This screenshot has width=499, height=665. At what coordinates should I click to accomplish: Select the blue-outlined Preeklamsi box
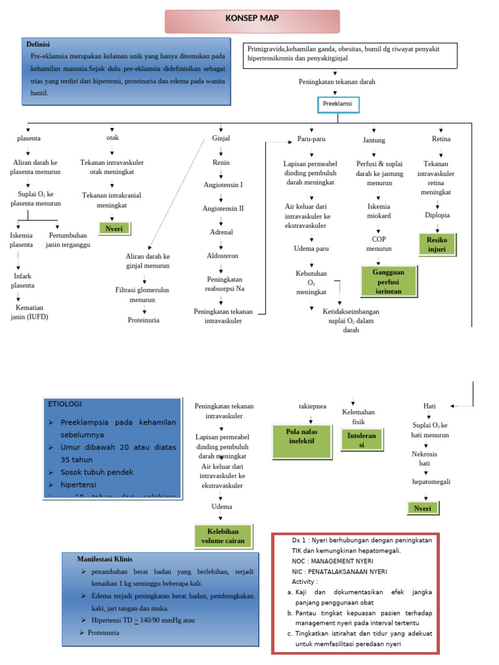[338, 104]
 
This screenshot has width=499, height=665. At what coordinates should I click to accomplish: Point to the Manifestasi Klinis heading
[105, 558]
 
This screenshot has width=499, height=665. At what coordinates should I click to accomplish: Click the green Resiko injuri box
[437, 244]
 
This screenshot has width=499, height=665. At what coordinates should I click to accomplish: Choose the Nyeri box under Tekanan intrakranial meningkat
[114, 228]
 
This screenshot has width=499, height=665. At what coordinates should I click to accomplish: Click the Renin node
[221, 162]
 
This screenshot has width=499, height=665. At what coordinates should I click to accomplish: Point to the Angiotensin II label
[223, 208]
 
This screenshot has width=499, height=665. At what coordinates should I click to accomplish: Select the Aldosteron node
[222, 255]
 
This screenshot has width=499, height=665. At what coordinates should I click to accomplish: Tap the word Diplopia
[437, 215]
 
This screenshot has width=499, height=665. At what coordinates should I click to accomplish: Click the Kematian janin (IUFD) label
[29, 312]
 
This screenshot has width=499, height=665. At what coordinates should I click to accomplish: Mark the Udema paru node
[311, 249]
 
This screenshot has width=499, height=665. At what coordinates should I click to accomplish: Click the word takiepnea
[312, 406]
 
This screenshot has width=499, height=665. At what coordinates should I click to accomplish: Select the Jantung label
[374, 140]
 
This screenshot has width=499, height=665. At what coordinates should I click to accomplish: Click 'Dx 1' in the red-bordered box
[301, 540]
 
